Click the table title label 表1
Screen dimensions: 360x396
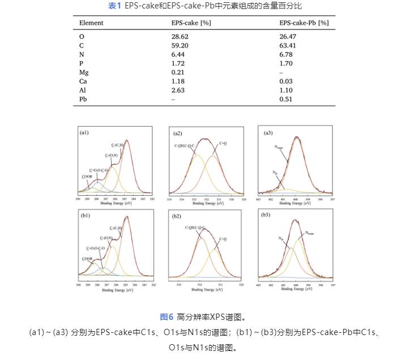click(x=114, y=6)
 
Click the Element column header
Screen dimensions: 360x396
click(x=91, y=23)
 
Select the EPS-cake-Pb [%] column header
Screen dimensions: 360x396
click(x=304, y=23)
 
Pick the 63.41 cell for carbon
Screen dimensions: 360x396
click(x=288, y=45)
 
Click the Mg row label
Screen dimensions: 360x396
click(x=84, y=72)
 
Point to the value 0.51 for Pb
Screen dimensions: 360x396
click(x=286, y=100)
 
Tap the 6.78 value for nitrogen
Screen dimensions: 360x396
click(x=286, y=54)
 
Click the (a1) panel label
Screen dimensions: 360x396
click(x=84, y=133)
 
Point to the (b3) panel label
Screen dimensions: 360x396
click(x=268, y=216)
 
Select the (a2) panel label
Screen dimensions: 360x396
click(x=177, y=134)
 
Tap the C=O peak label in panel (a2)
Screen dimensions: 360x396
click(x=223, y=144)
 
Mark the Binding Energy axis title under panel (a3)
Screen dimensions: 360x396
click(x=295, y=203)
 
